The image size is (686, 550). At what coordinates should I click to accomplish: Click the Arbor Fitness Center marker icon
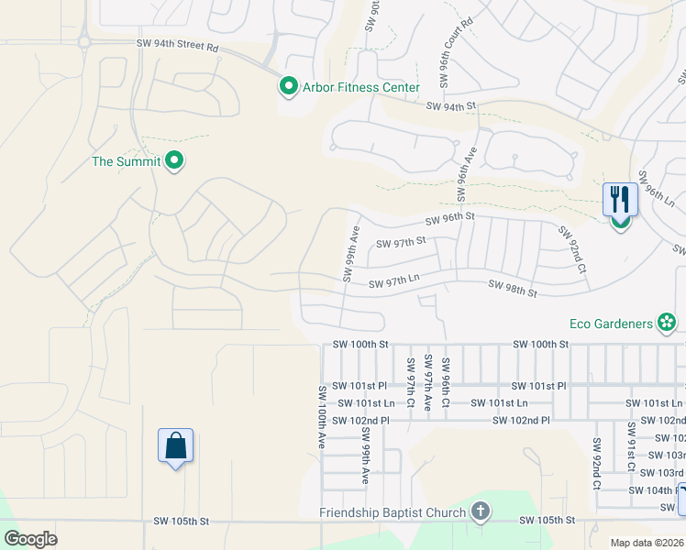288,87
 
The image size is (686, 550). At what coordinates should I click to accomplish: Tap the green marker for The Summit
175,161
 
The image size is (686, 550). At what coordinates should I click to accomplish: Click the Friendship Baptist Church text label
393,511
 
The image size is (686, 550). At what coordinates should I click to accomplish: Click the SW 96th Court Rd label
455,53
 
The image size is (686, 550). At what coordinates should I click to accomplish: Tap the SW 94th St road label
451,106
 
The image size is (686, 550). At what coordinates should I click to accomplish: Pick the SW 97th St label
402,242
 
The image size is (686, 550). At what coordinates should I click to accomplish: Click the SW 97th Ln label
393,284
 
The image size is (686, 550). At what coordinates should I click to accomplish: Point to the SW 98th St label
512,288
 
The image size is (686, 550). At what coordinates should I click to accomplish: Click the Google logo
31,538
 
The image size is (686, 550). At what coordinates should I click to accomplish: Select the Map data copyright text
647,543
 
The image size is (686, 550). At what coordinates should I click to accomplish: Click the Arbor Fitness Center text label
361,88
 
